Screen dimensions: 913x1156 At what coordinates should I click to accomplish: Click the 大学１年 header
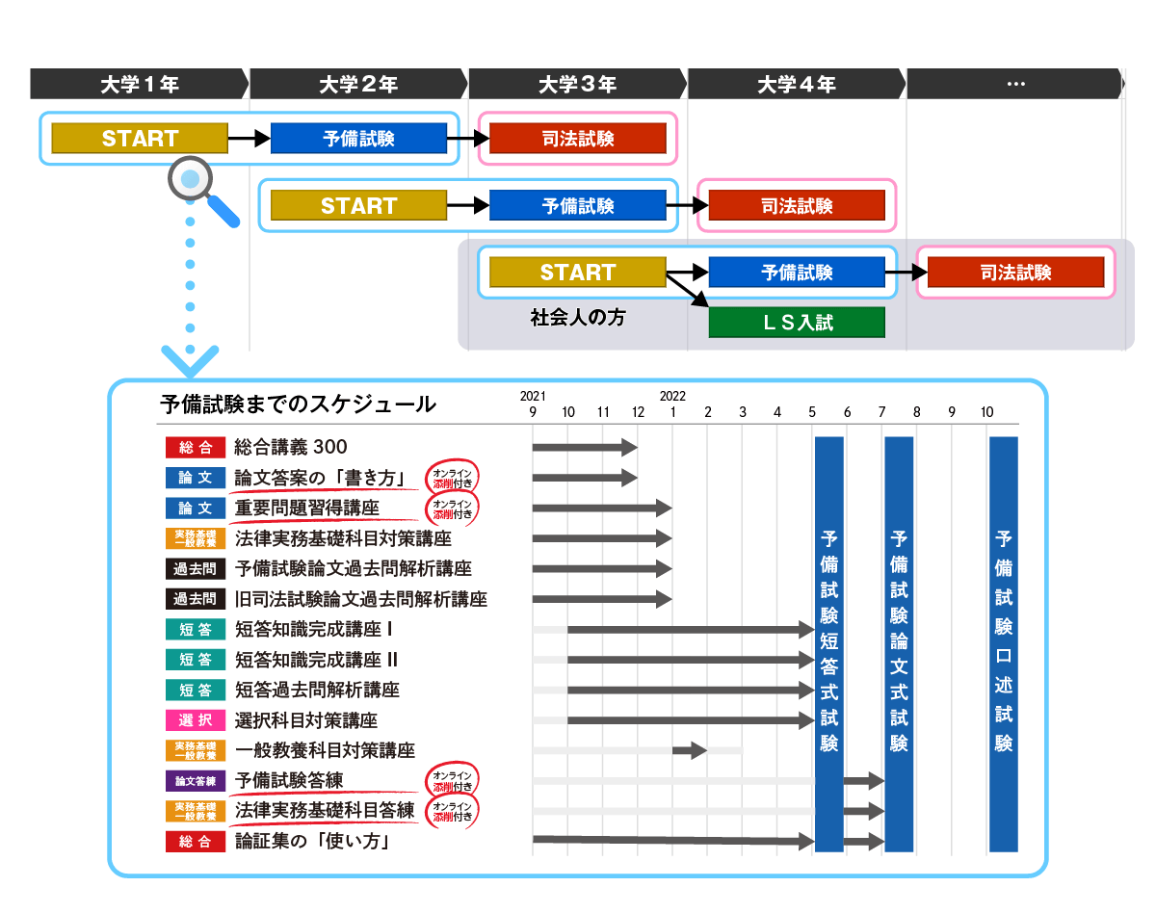click(140, 85)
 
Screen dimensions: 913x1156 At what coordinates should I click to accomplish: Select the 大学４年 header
click(797, 85)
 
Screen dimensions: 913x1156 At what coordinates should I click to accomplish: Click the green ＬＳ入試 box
click(797, 323)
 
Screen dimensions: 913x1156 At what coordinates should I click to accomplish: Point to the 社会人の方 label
click(578, 317)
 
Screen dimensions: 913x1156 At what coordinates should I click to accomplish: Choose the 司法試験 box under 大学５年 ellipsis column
click(1015, 273)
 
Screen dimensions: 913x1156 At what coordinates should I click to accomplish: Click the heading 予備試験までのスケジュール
click(298, 404)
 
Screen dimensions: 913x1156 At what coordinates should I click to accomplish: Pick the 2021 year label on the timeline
click(533, 396)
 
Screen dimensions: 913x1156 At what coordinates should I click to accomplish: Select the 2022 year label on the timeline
click(672, 396)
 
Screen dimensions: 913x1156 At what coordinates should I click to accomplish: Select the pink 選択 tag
click(195, 720)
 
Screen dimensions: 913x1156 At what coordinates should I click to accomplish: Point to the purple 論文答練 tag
click(195, 781)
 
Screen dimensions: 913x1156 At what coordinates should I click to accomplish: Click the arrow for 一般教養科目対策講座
click(690, 750)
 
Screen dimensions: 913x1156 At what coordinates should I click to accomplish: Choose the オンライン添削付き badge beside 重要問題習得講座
click(452, 509)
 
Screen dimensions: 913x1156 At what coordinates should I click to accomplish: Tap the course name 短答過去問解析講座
click(317, 690)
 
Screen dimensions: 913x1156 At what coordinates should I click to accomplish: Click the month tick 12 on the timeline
click(638, 413)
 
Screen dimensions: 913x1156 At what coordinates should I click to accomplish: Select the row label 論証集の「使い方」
click(311, 842)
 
